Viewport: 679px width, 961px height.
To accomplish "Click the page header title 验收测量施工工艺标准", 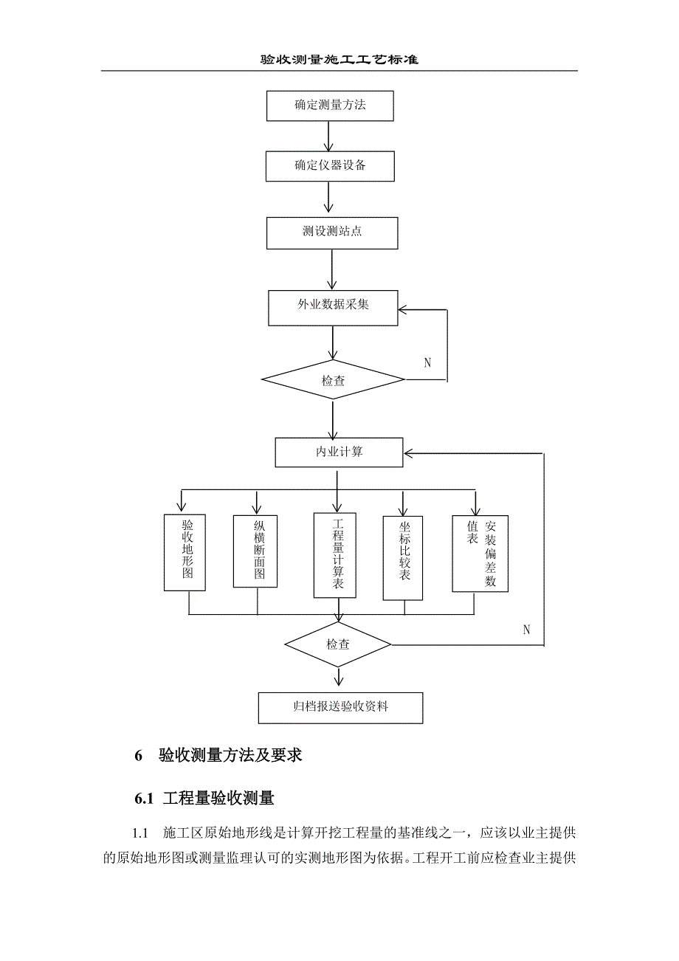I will (x=339, y=60).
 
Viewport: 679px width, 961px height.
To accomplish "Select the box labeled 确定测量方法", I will (x=330, y=105).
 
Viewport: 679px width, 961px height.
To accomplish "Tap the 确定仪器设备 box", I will (x=330, y=166).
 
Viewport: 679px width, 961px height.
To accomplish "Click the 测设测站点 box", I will (x=332, y=232).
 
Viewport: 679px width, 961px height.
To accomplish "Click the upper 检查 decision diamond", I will (x=333, y=380).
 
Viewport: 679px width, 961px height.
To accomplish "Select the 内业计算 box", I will (x=339, y=452).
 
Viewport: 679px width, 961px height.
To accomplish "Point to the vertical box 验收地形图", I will (x=185, y=551).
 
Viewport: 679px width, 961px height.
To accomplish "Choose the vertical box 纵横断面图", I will (x=255, y=551).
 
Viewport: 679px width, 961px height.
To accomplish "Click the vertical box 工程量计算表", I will (x=335, y=554).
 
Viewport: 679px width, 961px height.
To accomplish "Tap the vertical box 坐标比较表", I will (x=403, y=557).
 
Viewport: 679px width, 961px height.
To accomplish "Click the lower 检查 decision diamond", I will (x=338, y=644).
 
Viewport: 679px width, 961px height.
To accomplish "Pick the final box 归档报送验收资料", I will (x=340, y=707).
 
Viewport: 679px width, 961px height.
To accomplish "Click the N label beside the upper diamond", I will (x=427, y=362).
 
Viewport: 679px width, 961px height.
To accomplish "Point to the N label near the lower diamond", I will (x=526, y=630).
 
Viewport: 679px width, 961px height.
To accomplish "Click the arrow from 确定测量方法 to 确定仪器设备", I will (x=327, y=136).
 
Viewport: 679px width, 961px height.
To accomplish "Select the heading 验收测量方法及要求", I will (x=230, y=756).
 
